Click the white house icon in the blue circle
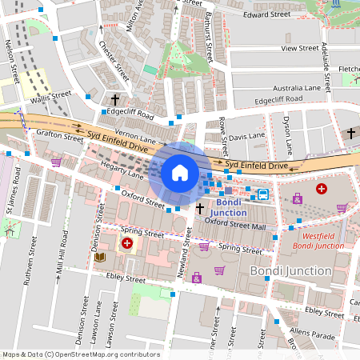pyautogui.click(x=180, y=172)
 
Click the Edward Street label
pyautogui.click(x=266, y=14)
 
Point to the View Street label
pyautogui.click(x=300, y=48)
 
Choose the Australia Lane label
pyautogui.click(x=296, y=87)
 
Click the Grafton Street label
pyautogui.click(x=59, y=137)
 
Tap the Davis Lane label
pyautogui.click(x=246, y=136)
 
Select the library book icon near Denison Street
pyautogui.click(x=100, y=257)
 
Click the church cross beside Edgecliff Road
pyautogui.click(x=115, y=100)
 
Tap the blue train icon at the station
pyautogui.click(x=262, y=193)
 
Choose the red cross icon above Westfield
pyautogui.click(x=322, y=189)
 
